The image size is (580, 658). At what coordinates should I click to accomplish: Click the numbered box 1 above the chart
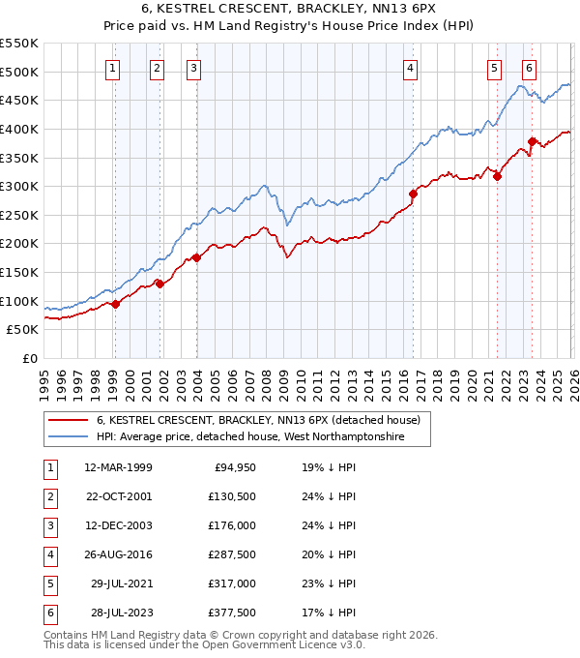114,68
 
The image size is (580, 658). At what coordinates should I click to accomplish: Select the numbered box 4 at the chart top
411,68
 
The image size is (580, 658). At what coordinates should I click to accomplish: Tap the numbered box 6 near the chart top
530,68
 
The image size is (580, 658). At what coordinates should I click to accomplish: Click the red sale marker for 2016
413,194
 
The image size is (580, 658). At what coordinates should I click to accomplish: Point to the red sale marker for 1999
115,304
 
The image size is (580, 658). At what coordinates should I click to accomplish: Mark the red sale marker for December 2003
196,257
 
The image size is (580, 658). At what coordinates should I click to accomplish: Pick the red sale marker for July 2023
532,142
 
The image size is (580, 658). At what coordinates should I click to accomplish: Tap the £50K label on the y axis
22,330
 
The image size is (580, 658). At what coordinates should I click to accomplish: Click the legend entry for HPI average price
250,438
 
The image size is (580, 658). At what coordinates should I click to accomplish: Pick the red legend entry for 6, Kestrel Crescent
257,421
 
